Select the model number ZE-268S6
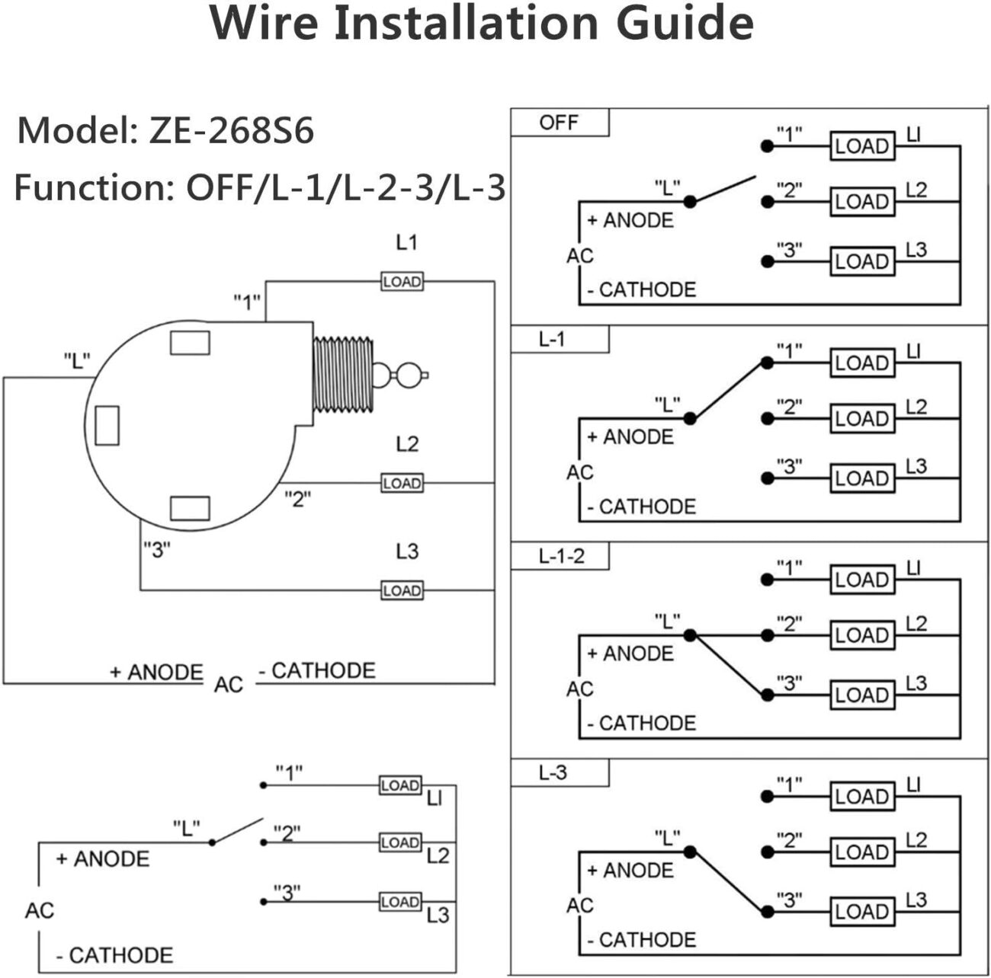click(x=231, y=131)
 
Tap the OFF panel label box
click(x=560, y=123)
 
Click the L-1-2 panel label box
click(x=560, y=556)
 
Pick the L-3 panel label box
click(x=560, y=773)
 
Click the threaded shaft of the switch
click(x=344, y=375)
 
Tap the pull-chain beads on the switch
click(x=402, y=374)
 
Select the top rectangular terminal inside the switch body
click(x=190, y=344)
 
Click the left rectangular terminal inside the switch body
click(x=107, y=426)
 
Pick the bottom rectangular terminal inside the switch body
click(x=190, y=508)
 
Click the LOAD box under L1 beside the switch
click(x=402, y=282)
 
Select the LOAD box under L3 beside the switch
click(x=402, y=590)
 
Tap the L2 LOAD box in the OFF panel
click(x=861, y=202)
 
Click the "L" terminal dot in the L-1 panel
click(x=690, y=418)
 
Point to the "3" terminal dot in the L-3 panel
click(x=767, y=912)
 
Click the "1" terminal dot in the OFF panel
click(x=767, y=145)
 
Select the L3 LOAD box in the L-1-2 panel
click(x=861, y=695)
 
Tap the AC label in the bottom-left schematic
click(x=40, y=910)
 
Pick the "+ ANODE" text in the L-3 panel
click(x=630, y=871)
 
